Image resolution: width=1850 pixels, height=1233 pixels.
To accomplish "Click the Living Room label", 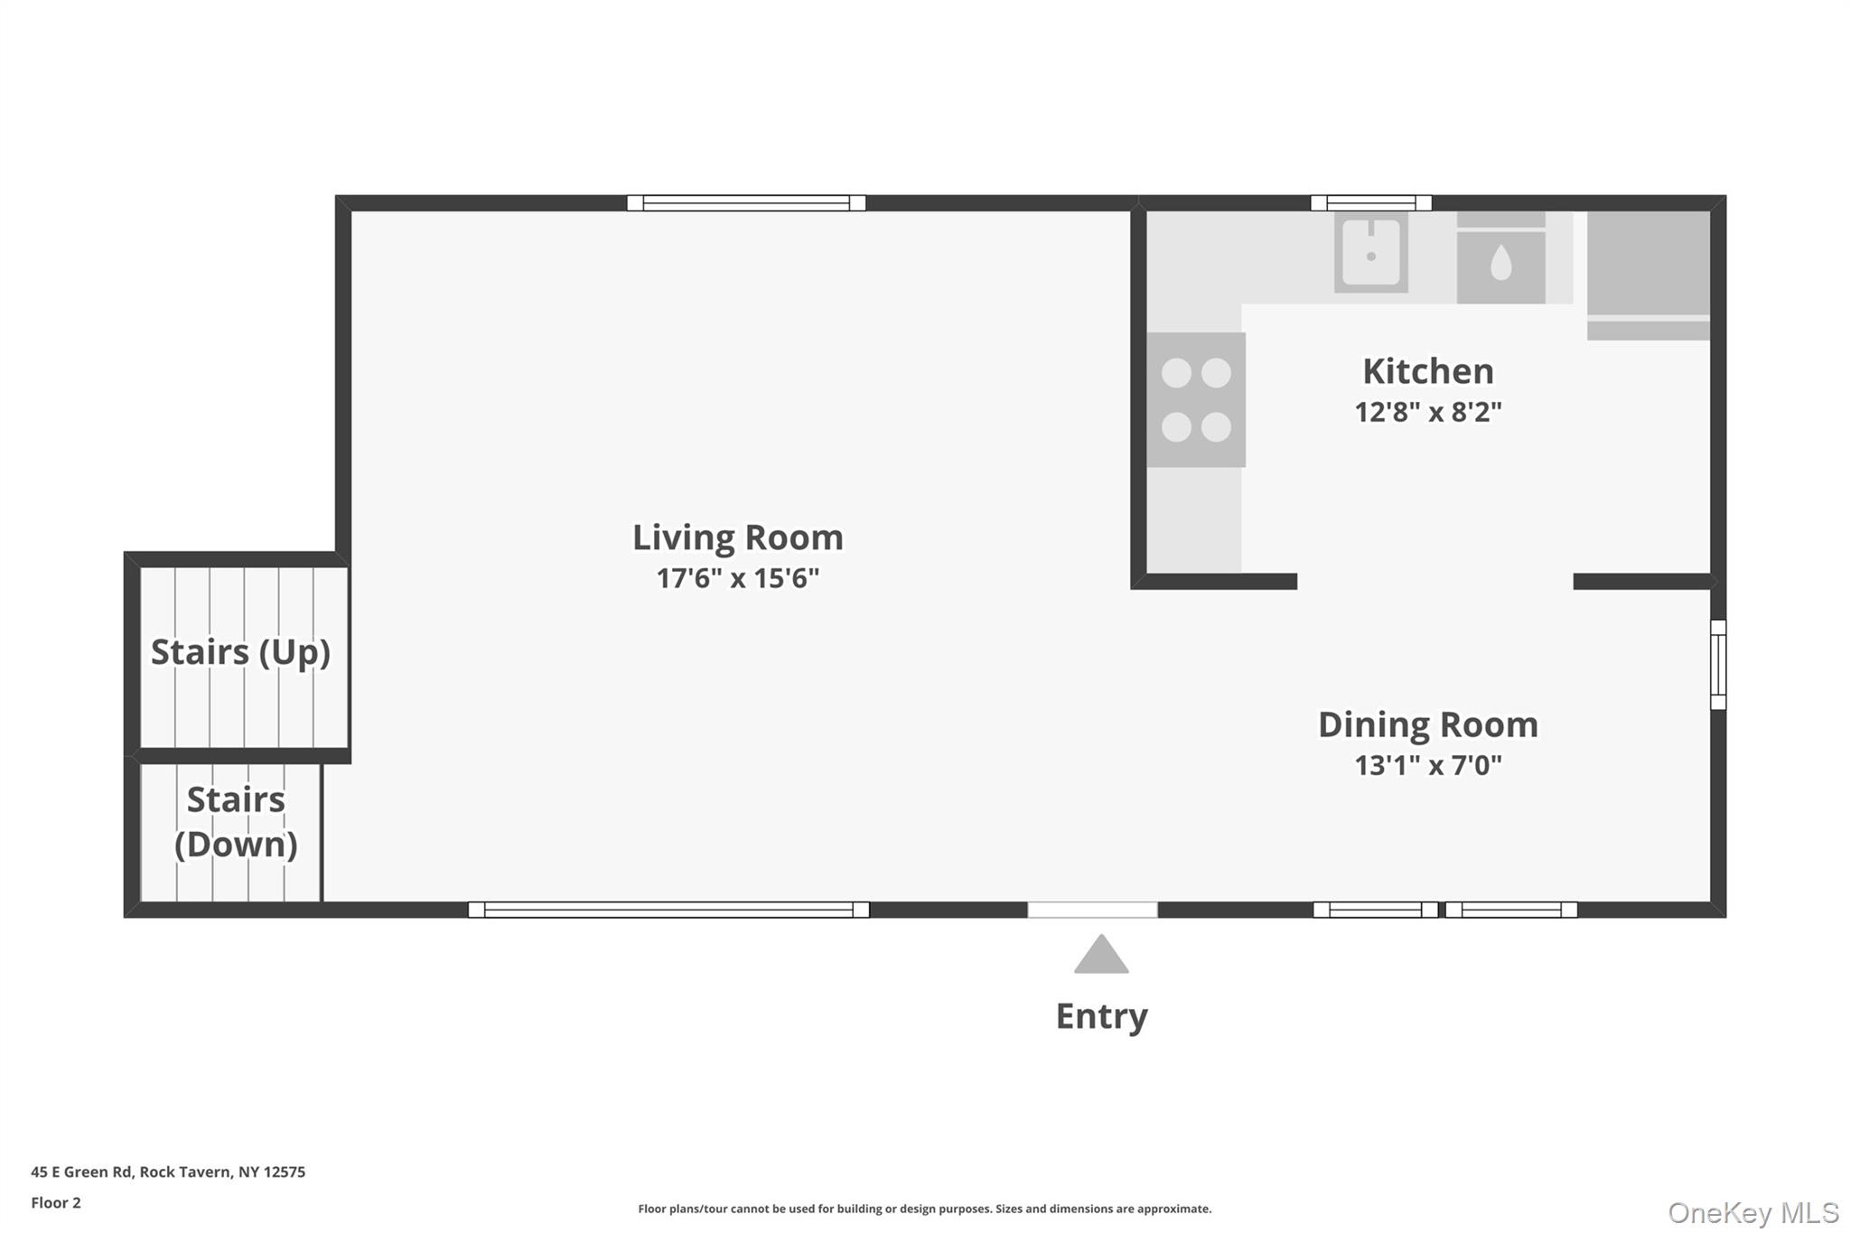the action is [737, 537].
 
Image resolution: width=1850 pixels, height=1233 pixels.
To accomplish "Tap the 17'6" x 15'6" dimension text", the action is [737, 578].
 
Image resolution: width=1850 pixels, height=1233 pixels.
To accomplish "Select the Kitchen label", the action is [1427, 371].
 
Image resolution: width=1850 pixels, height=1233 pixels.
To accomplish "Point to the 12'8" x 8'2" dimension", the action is [1427, 412].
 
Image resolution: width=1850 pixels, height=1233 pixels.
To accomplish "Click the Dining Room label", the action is [1427, 724].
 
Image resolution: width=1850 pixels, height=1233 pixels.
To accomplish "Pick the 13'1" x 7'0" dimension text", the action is [1427, 765].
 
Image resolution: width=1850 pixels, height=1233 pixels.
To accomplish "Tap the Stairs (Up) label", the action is [240, 652].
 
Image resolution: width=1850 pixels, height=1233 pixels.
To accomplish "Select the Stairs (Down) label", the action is [236, 822].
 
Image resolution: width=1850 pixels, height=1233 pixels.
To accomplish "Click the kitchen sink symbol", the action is [1371, 252].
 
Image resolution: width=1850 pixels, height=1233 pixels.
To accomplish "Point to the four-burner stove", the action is [1196, 400].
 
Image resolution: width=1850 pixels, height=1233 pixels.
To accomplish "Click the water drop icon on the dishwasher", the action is [1500, 264].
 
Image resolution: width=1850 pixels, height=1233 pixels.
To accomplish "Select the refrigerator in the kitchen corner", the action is [1649, 276].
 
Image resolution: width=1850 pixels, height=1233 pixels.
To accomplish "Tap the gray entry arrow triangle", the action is [1101, 955].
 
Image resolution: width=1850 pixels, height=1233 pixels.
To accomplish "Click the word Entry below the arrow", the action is [1101, 1016].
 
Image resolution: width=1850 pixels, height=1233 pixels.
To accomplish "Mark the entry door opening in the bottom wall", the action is [1092, 910].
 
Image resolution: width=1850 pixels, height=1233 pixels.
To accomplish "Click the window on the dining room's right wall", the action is [1718, 665].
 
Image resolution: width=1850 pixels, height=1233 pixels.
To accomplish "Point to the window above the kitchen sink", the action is [1371, 203].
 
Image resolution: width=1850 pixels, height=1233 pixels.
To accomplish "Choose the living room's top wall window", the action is [746, 203].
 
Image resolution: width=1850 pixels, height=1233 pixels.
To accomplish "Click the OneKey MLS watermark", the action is [1753, 1212].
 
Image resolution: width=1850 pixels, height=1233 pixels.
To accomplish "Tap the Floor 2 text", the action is [56, 1203].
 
